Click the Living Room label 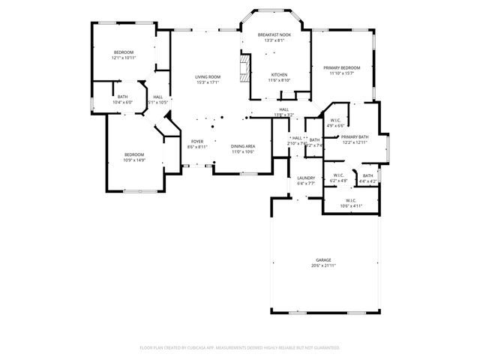[x=208, y=76]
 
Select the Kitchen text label [x=279, y=74]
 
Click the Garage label [x=323, y=260]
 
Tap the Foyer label [x=196, y=141]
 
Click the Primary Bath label [x=355, y=136]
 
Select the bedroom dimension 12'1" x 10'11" [x=123, y=58]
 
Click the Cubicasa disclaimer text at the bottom [x=240, y=347]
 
